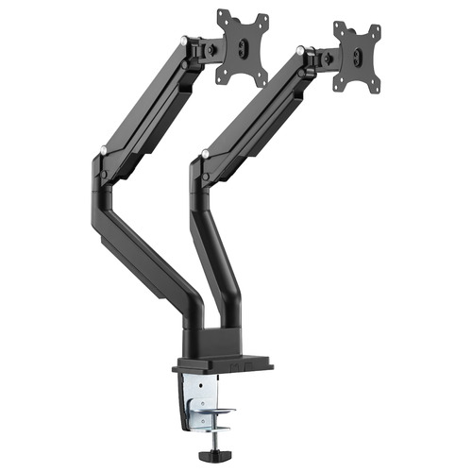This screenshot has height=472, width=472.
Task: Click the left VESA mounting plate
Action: pyautogui.click(x=243, y=47)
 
